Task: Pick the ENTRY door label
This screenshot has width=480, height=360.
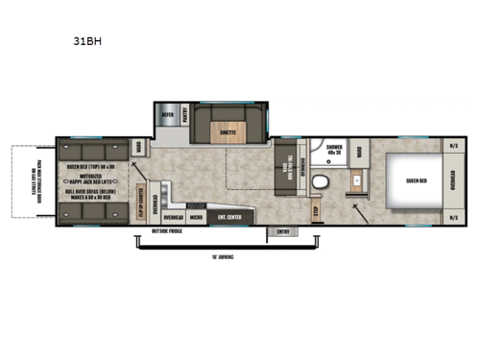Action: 283,230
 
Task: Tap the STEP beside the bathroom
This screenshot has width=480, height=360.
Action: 316,209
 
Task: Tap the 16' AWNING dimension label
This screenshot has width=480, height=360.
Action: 223,257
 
